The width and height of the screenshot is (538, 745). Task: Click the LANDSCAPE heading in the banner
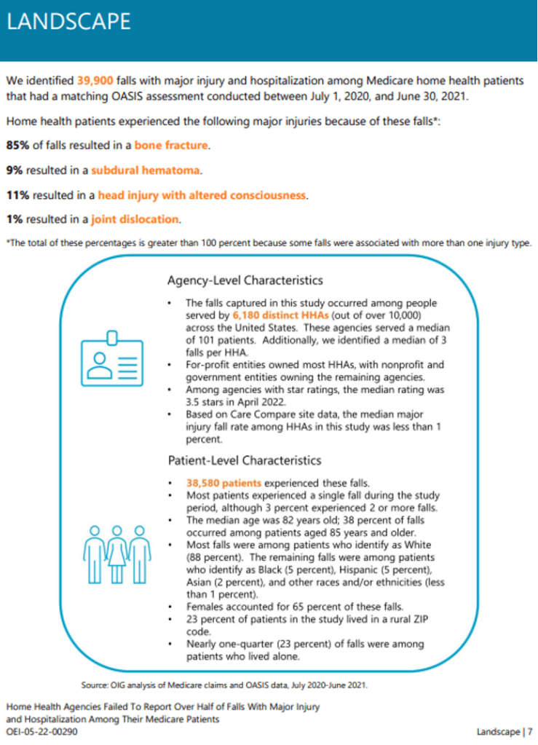(68, 21)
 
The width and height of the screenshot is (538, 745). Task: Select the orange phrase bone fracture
(171, 146)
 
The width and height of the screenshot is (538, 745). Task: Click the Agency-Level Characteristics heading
(245, 280)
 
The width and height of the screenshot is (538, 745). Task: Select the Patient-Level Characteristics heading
(245, 460)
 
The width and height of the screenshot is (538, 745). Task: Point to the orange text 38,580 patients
(223, 482)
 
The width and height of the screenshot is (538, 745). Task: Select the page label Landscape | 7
(505, 731)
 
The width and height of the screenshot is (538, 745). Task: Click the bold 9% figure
(15, 171)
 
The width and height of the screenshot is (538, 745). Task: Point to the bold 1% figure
(15, 219)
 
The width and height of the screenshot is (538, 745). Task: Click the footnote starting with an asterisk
(269, 243)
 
